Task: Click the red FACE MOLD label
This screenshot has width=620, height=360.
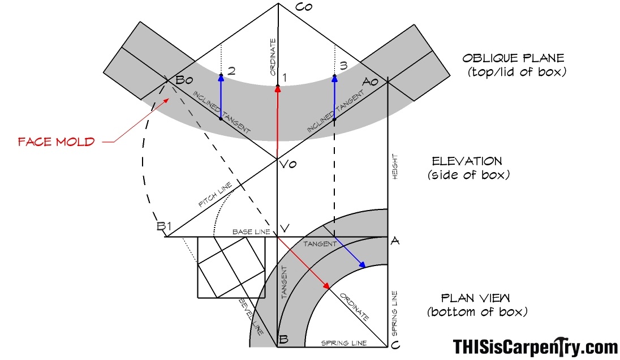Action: pos(56,142)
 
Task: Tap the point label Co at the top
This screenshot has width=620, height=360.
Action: pos(304,7)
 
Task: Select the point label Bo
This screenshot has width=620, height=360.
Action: pos(184,80)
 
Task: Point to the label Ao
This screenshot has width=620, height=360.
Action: pos(370,82)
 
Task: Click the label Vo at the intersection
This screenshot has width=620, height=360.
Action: pos(289,164)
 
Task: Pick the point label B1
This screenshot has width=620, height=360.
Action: pos(164,226)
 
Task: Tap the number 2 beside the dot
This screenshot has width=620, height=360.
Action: pos(232,71)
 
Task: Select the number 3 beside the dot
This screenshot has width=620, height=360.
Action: pos(343,66)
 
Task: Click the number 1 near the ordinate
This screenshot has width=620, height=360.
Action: pos(284,78)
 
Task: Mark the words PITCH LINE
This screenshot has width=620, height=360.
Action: pos(215,195)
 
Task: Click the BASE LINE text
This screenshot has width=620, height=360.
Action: pos(251,232)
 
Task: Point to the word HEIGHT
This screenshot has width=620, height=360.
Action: pos(395,166)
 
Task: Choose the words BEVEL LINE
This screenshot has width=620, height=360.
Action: pos(251,317)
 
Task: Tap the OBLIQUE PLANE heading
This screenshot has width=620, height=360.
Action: pos(513,58)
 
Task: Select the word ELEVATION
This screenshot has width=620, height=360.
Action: pos(467,161)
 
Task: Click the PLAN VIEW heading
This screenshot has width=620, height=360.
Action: pos(475,298)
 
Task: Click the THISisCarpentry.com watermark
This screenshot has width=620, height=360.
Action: pos(535,347)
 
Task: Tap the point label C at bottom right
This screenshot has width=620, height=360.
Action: pos(395,345)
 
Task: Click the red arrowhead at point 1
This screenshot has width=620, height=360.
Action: pos(278,89)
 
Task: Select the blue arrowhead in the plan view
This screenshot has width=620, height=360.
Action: pos(361,265)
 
